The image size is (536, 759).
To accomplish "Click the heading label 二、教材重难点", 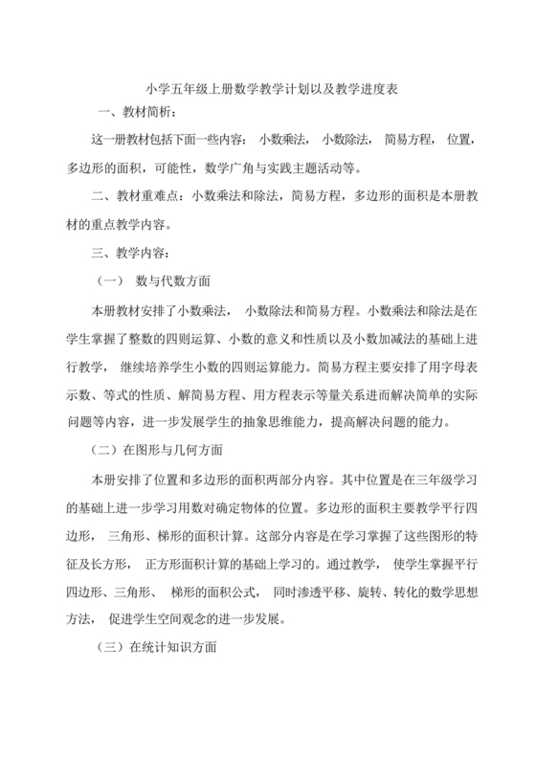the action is pos(137,197).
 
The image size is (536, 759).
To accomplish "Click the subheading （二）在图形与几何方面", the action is pos(157,451).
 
